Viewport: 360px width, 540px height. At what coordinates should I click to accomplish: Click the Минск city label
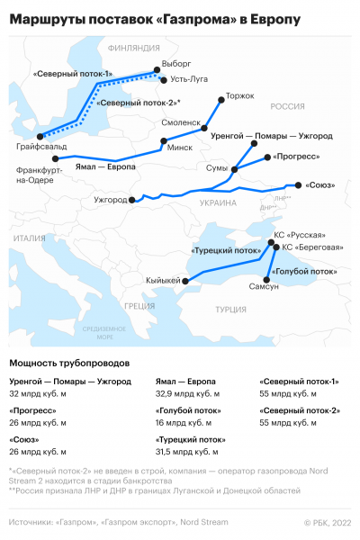pyautogui.click(x=180, y=148)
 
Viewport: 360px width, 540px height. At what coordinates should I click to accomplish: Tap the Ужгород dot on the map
pyautogui.click(x=131, y=200)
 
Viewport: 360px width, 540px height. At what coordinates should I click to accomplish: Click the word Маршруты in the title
pyautogui.click(x=48, y=17)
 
